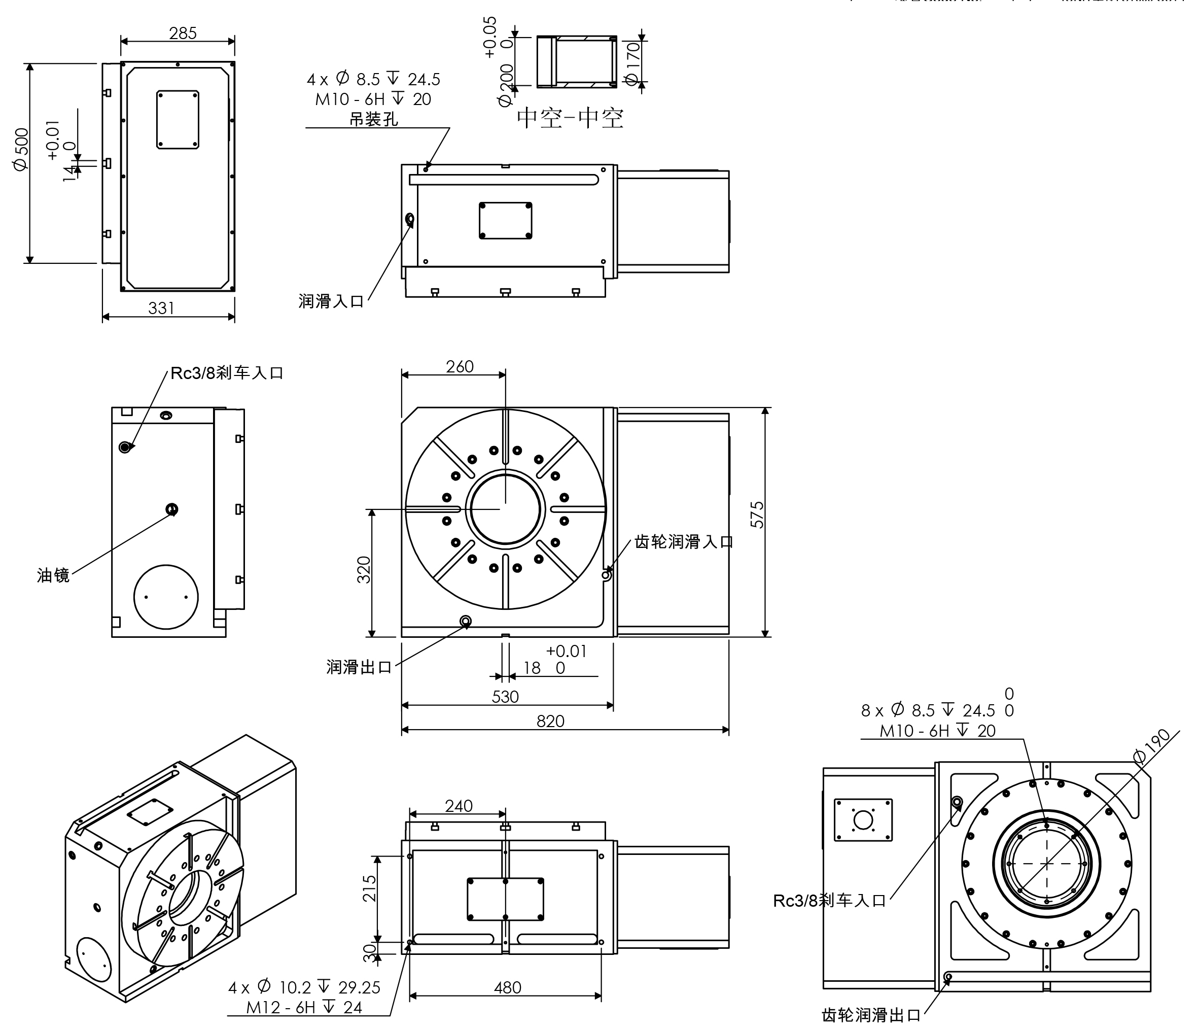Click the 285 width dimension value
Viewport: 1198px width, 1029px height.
183,33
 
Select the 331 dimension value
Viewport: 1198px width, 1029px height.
161,308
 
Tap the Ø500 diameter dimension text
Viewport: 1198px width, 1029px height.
20,149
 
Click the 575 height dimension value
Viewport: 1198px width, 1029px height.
757,514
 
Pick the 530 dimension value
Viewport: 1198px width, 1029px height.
505,697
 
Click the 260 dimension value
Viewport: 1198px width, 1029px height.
460,367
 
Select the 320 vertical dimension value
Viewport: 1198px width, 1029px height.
364,570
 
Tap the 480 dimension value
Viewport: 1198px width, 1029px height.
507,987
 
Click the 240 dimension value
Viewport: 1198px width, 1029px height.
459,806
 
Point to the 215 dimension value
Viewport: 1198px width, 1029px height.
369,888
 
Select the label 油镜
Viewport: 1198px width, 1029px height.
53,575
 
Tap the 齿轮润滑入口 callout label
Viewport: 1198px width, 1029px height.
683,542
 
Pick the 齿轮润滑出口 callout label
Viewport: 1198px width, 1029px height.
871,1015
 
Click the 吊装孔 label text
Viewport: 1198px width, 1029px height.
373,120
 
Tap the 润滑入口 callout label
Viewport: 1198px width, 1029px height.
331,301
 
